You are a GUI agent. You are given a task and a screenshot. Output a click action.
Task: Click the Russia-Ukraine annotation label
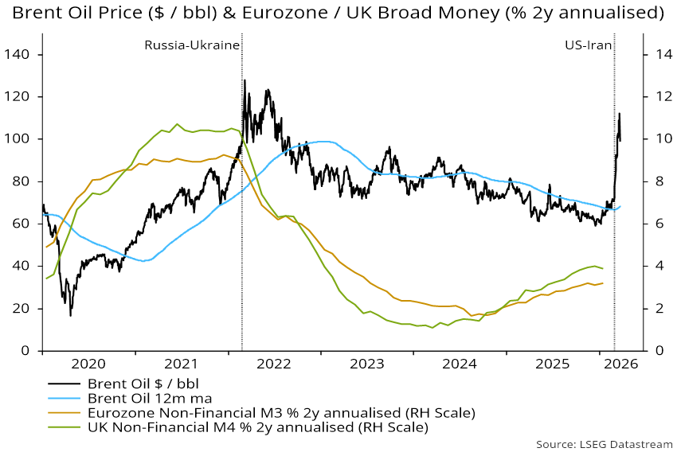click(191, 45)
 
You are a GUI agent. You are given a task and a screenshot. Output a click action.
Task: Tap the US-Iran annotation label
click(588, 45)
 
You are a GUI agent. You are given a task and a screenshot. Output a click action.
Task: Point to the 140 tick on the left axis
click(20, 55)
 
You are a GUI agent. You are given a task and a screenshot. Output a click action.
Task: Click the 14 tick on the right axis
click(657, 55)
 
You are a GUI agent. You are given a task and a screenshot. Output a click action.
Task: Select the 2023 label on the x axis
click(369, 364)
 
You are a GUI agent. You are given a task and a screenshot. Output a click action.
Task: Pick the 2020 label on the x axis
click(88, 364)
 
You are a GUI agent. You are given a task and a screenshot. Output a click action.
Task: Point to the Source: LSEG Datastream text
click(604, 443)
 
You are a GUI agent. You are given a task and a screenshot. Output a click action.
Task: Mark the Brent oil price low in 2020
click(70, 316)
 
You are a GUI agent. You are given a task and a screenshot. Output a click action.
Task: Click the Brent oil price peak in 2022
click(245, 80)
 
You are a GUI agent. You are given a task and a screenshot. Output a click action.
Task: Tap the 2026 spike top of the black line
click(619, 114)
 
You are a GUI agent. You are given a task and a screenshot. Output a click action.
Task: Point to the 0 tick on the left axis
click(26, 351)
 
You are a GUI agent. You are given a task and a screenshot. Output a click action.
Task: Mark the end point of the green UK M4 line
click(602, 268)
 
